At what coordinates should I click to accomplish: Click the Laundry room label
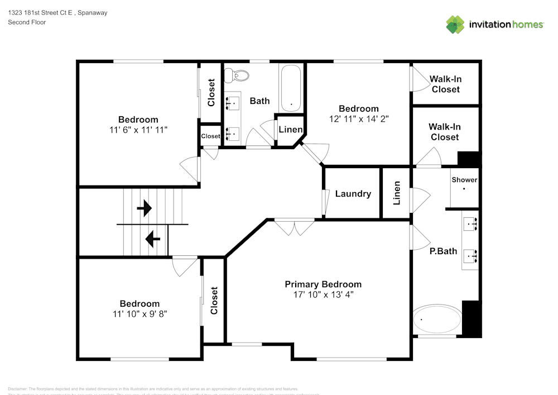click(x=353, y=193)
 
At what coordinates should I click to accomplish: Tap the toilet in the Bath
click(x=240, y=75)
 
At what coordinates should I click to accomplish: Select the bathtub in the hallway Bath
click(x=291, y=88)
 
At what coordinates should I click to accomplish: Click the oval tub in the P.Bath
click(x=437, y=320)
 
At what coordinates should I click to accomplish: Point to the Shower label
click(x=464, y=180)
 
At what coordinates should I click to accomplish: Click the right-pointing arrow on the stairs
click(x=145, y=209)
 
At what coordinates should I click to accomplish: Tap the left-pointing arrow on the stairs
click(x=152, y=239)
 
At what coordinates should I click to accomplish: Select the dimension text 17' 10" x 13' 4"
click(x=323, y=294)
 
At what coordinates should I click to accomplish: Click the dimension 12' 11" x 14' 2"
click(x=359, y=118)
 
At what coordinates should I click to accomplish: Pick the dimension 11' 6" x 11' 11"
click(x=138, y=129)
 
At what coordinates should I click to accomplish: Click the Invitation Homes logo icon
click(x=455, y=25)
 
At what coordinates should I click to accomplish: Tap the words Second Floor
click(x=27, y=22)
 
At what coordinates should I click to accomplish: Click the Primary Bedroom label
click(x=323, y=284)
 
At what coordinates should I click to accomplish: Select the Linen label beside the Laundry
click(x=397, y=193)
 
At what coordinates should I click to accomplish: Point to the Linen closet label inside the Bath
click(x=290, y=130)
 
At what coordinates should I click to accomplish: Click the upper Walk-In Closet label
click(x=445, y=84)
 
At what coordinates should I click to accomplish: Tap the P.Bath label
click(x=443, y=251)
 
